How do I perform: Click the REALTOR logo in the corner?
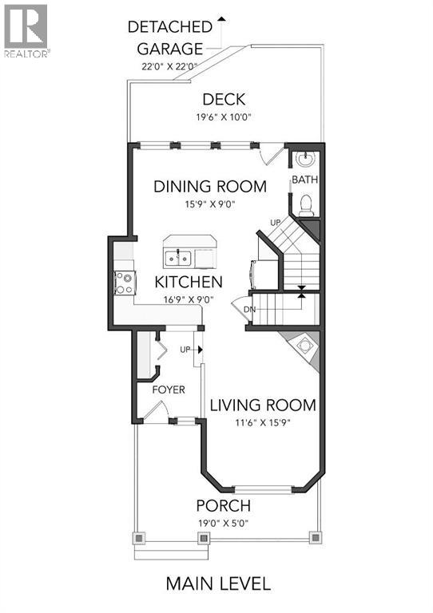(x=26, y=30)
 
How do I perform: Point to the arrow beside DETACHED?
(x=222, y=18)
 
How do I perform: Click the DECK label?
(x=223, y=100)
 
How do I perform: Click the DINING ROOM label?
(x=209, y=187)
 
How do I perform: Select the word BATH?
(x=304, y=180)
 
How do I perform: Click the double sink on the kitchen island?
(x=178, y=257)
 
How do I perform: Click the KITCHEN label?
(x=188, y=282)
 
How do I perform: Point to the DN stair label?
(x=250, y=309)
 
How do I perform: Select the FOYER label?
(x=169, y=390)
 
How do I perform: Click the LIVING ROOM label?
(x=263, y=405)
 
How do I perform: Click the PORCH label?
(x=224, y=506)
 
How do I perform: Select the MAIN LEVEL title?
(x=218, y=583)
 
